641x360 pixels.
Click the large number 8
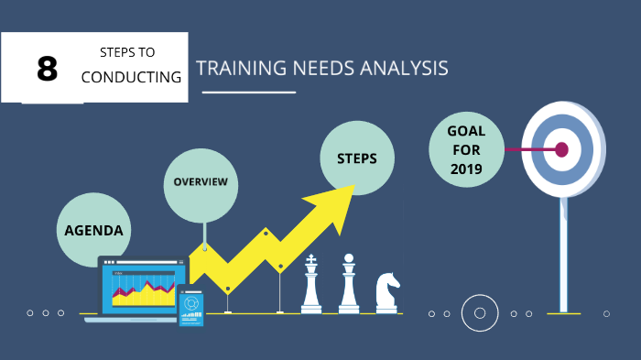tap(47, 69)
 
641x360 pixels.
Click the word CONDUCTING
tap(131, 77)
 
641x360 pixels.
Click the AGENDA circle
tap(93, 230)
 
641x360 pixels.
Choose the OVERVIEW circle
tap(201, 181)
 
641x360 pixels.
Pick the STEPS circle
tap(356, 158)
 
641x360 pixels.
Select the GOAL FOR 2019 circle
tap(466, 150)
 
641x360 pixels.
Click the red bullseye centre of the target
tap(561, 149)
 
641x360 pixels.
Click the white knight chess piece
tap(386, 292)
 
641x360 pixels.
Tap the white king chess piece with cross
tap(312, 286)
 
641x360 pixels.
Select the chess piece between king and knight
tap(349, 285)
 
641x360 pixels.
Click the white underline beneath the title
tap(248, 92)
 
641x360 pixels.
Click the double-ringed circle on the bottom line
tap(479, 313)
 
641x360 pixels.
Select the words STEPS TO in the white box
tap(128, 53)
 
